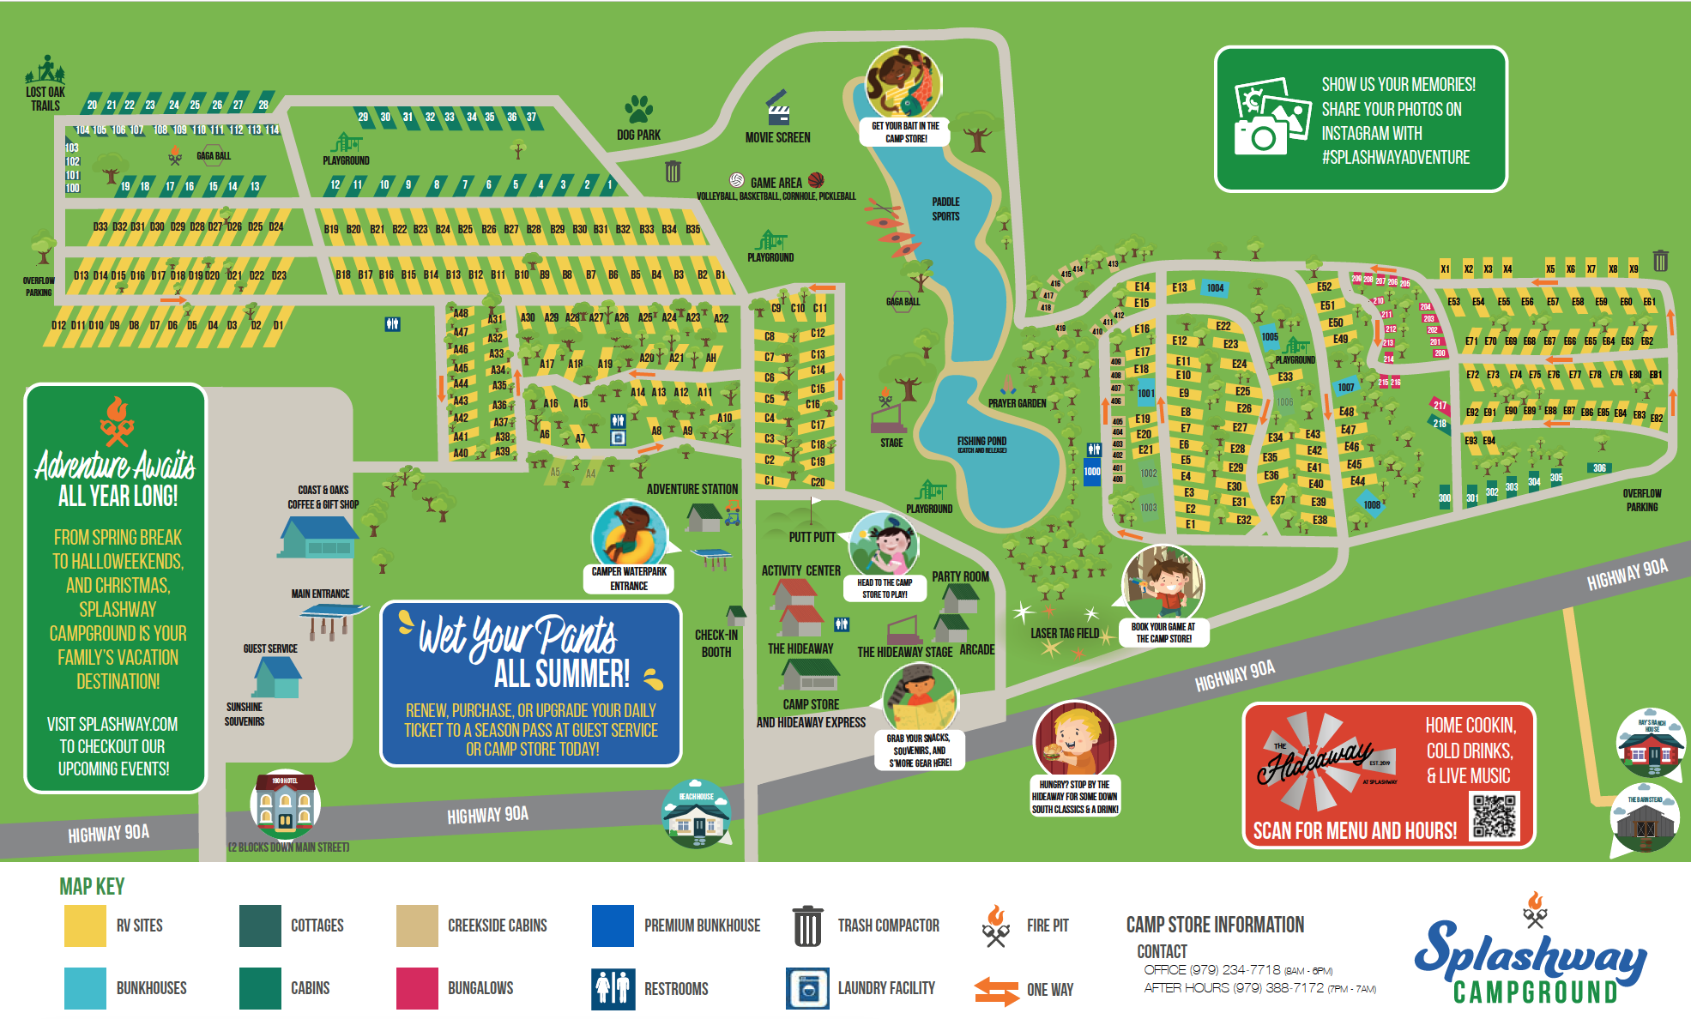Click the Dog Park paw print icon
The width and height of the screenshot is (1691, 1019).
pos(638,109)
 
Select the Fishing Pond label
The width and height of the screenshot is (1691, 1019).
pos(981,442)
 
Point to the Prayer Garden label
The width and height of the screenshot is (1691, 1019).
pos(1017,403)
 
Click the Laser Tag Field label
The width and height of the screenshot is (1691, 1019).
pos(1064,633)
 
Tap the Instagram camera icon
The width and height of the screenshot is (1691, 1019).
pos(1272,117)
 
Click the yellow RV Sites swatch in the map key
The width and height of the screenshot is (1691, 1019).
pos(85,926)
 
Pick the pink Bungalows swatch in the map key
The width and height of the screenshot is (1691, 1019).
pos(417,988)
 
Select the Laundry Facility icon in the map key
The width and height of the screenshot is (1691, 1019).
pos(807,988)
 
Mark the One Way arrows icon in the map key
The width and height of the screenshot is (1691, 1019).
pos(996,990)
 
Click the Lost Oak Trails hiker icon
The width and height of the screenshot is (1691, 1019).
pos(46,69)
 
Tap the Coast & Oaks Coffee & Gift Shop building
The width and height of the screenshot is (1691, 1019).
pos(317,537)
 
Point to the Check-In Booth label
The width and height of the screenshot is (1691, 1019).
pos(716,643)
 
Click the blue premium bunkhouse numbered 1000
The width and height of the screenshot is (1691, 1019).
pos(1092,471)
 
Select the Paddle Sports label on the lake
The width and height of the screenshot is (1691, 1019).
pos(945,209)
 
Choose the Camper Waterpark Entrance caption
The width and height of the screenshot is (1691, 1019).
pos(629,578)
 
